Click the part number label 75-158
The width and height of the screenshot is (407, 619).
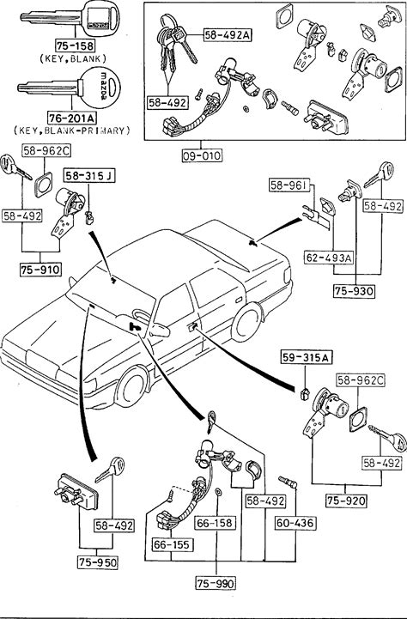pyautogui.click(x=76, y=46)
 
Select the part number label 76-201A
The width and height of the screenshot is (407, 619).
pyautogui.click(x=73, y=118)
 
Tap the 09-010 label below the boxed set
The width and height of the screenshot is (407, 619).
pyautogui.click(x=202, y=155)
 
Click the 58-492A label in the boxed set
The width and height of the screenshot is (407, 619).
pyautogui.click(x=228, y=35)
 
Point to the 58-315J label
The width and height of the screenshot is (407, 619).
pyautogui.click(x=90, y=176)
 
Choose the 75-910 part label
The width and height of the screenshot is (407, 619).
pyautogui.click(x=40, y=270)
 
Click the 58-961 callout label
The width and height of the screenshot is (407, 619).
pyautogui.click(x=289, y=185)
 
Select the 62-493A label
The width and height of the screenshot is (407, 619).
pyautogui.click(x=329, y=258)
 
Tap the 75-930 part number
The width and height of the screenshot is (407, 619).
pyautogui.click(x=354, y=291)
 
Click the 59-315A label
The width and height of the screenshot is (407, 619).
pyautogui.click(x=307, y=358)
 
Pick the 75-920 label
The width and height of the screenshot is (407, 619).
pyautogui.click(x=346, y=501)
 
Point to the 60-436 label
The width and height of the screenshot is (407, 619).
pyautogui.click(x=295, y=523)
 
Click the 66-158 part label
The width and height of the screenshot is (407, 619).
pyautogui.click(x=216, y=523)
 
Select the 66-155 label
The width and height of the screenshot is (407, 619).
pyautogui.click(x=172, y=545)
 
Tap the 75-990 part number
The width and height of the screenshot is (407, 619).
pyautogui.click(x=216, y=583)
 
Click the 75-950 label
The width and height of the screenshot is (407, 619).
pyautogui.click(x=98, y=562)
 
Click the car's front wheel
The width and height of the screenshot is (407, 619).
pyautogui.click(x=132, y=387)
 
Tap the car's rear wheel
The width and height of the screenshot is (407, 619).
pyautogui.click(x=246, y=321)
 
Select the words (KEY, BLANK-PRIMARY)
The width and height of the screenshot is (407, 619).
pyautogui.click(x=72, y=130)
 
